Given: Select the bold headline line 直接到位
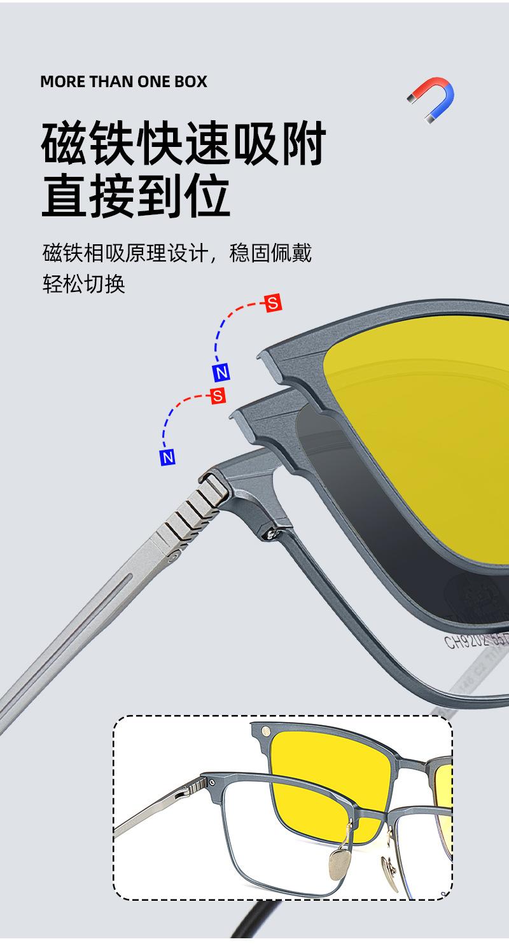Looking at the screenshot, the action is pos(136,197).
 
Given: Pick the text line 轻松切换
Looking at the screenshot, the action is pos(83,284).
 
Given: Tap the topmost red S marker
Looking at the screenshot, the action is pos(274,303).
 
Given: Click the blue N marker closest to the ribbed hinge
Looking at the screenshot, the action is pos(167,457).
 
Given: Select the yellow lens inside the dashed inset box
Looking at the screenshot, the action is pos(324,782).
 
